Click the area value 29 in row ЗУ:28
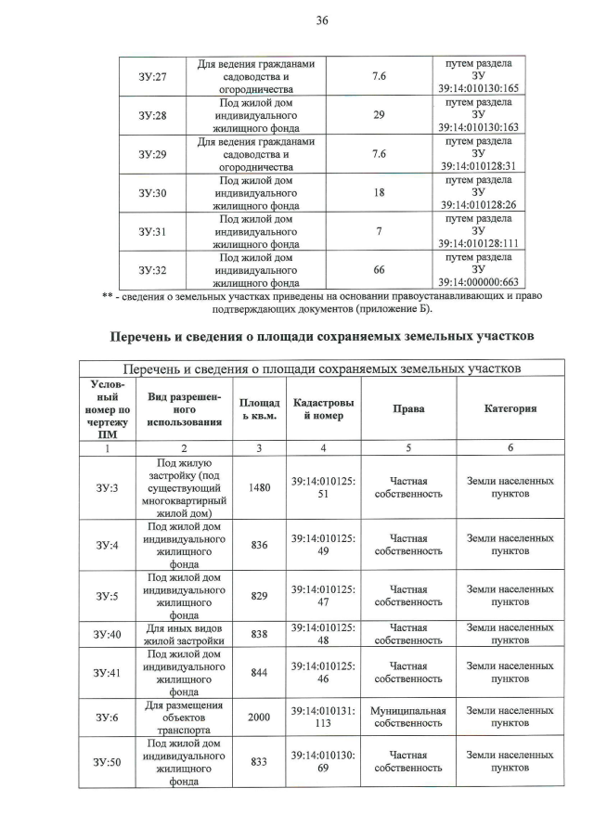point(379,115)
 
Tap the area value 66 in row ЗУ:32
point(379,269)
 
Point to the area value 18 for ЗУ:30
point(379,192)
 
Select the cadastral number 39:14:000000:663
point(478,282)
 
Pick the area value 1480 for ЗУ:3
point(260,487)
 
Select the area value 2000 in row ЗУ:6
point(260,717)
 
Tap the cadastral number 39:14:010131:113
point(323,717)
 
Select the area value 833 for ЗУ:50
point(260,762)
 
